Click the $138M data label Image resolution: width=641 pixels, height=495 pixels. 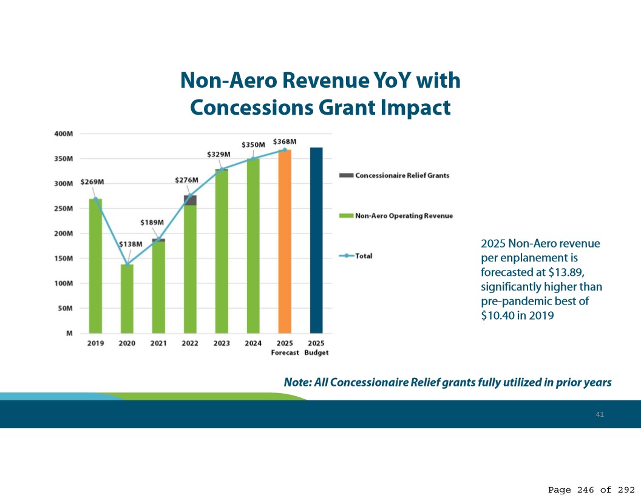[x=130, y=244]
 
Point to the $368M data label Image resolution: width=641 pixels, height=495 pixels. [x=284, y=141]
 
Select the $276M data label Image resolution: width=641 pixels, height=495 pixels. [x=186, y=180]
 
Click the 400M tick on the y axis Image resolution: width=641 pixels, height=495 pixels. [x=64, y=133]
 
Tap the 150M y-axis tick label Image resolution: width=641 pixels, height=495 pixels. [x=64, y=258]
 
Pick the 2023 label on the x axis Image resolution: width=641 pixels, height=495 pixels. [x=222, y=343]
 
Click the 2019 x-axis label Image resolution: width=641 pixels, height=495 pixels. [x=95, y=343]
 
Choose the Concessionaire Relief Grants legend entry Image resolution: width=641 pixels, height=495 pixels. [x=402, y=175]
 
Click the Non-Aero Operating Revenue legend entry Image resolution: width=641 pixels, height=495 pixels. [x=404, y=216]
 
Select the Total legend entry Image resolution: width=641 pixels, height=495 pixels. [x=364, y=256]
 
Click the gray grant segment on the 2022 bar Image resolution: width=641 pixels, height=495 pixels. [x=190, y=200]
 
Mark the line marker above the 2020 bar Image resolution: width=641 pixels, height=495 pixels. [x=127, y=264]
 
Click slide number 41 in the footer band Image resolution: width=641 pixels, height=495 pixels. [x=600, y=414]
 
